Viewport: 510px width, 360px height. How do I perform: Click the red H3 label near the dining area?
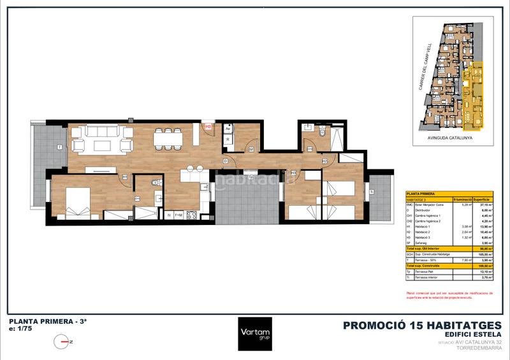(x=208, y=127)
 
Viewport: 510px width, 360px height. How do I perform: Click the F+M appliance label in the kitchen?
(x=178, y=215)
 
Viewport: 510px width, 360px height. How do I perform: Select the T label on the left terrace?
(x=59, y=148)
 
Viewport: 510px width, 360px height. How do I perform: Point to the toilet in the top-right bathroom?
(x=323, y=132)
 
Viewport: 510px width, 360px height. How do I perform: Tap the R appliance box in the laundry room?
(x=228, y=138)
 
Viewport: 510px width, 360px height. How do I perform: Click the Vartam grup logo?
(x=255, y=334)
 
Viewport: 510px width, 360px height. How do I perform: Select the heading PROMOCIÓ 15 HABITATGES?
(x=423, y=325)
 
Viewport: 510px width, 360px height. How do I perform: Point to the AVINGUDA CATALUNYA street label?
(x=451, y=136)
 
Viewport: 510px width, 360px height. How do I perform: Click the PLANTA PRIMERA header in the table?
(x=421, y=193)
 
